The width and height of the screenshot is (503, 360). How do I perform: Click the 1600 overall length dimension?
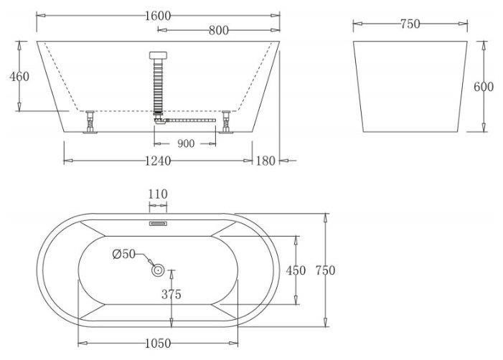(x=158, y=16)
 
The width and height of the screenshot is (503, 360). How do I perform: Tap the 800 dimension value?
(x=219, y=30)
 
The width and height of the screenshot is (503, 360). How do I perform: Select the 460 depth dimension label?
(x=19, y=77)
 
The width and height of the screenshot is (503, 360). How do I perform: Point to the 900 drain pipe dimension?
(x=186, y=143)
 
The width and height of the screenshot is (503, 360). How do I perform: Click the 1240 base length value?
(x=158, y=161)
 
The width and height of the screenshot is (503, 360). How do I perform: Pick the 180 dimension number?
(x=265, y=161)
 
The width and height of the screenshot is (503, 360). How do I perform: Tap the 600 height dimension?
(x=484, y=87)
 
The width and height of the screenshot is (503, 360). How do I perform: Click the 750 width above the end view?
(x=410, y=24)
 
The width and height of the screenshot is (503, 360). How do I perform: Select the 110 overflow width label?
(x=158, y=194)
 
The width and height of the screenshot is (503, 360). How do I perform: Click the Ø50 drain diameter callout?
(x=124, y=254)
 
